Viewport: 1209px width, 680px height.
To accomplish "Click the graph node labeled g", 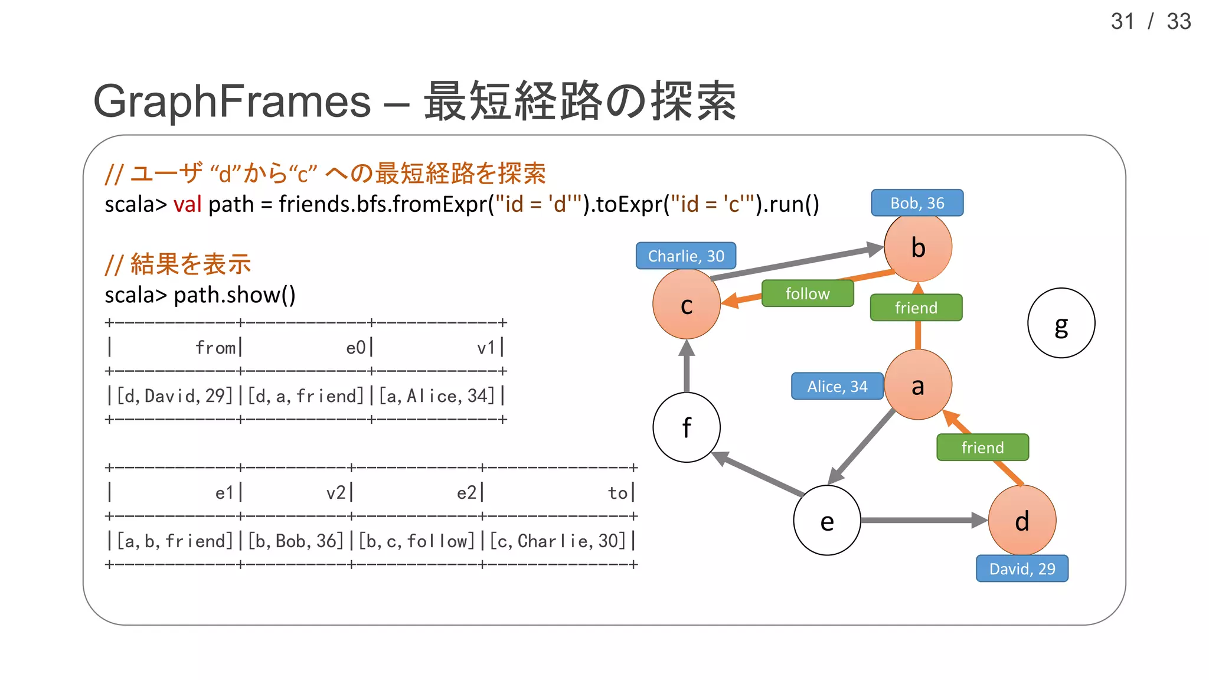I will coord(1061,323).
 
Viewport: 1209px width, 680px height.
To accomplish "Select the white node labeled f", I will coord(686,427).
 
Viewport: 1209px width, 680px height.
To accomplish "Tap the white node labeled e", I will coord(826,520).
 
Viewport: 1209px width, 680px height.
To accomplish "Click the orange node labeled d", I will coord(1022,520).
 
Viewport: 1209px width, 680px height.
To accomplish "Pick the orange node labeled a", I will coord(917,385).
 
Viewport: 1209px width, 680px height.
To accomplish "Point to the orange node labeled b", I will coord(917,247).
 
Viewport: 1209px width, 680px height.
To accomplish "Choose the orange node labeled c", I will coord(686,305).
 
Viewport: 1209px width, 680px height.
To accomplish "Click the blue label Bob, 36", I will coord(917,203).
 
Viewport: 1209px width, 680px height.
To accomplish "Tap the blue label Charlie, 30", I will coord(685,256).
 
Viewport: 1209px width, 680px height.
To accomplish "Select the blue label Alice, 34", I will coord(837,386).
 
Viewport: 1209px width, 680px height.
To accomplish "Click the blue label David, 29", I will coord(1022,568).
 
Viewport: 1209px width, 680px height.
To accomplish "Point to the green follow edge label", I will coord(807,293).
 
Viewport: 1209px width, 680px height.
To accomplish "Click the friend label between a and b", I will coord(916,308).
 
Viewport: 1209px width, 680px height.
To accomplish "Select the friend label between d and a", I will coord(982,447).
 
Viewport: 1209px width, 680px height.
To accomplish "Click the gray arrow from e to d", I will coord(921,520).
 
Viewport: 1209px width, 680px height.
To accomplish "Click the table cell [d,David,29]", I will coord(175,395).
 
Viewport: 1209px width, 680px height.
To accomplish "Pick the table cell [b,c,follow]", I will coord(417,541).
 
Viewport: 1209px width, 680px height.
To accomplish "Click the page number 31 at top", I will coord(1122,22).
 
